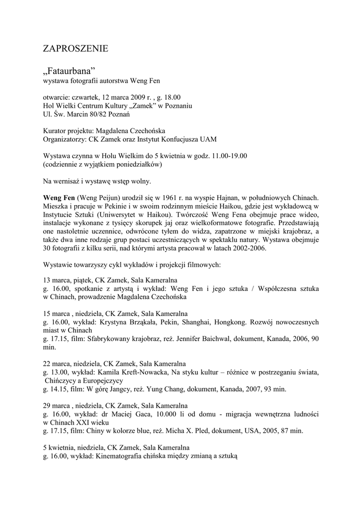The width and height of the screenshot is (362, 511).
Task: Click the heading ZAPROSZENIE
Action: (x=75, y=49)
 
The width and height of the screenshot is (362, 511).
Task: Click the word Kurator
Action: (x=55, y=131)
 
